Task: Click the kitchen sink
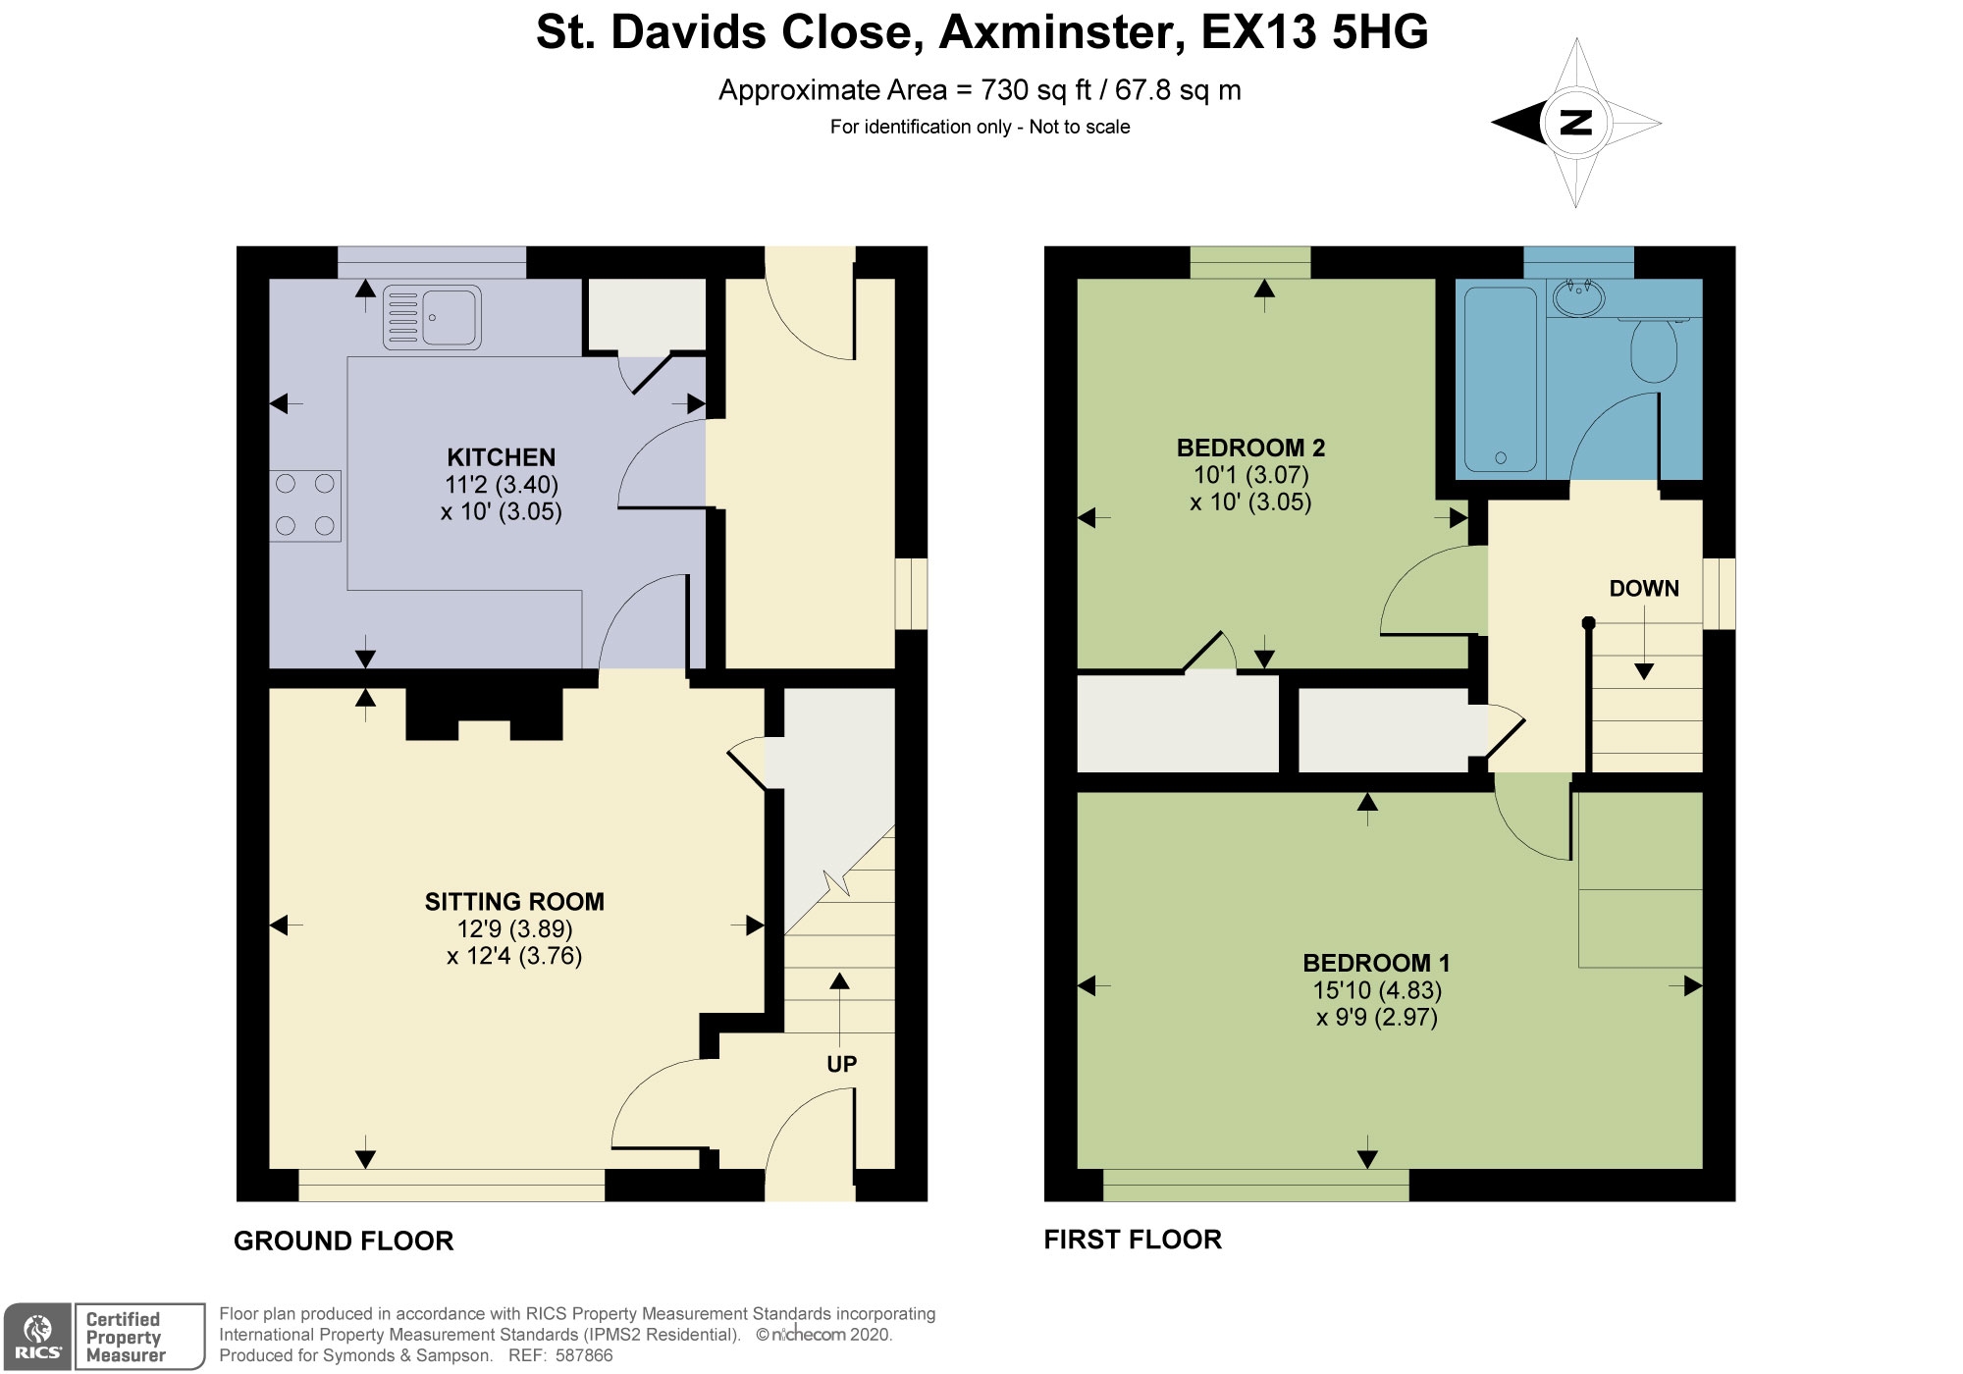(432, 317)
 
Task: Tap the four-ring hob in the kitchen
(305, 505)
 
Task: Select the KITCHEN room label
(502, 457)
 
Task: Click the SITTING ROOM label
(514, 902)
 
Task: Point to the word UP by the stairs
(842, 1064)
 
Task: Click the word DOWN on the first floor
(1644, 589)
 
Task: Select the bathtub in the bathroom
(1501, 379)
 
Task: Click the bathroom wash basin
(1579, 295)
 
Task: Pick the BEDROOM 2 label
(1250, 449)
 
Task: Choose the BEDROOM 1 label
(1376, 963)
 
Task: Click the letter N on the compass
(1575, 123)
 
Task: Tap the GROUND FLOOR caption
(344, 1241)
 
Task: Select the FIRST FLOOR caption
(1133, 1240)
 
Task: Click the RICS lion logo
(37, 1336)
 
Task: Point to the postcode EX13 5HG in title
(1315, 32)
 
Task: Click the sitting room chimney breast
(485, 713)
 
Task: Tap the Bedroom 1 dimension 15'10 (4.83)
(1377, 990)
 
